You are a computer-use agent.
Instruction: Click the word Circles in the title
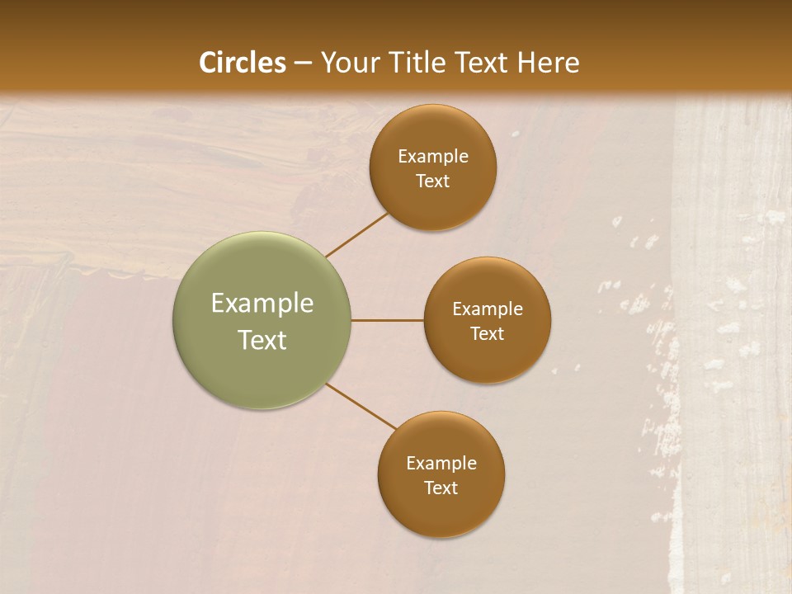[242, 63]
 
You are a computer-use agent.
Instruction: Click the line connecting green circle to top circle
[357, 235]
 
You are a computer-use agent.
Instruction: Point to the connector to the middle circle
[387, 320]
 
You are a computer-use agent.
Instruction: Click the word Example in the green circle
[262, 304]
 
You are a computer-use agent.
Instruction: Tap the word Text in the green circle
[262, 340]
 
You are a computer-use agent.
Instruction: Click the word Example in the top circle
[433, 156]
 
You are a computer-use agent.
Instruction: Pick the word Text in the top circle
[433, 181]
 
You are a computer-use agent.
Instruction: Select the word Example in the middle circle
[488, 309]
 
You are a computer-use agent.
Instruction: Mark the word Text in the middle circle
[488, 333]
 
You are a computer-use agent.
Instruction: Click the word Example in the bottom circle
[441, 463]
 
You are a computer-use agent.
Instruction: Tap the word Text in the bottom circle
[441, 488]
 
